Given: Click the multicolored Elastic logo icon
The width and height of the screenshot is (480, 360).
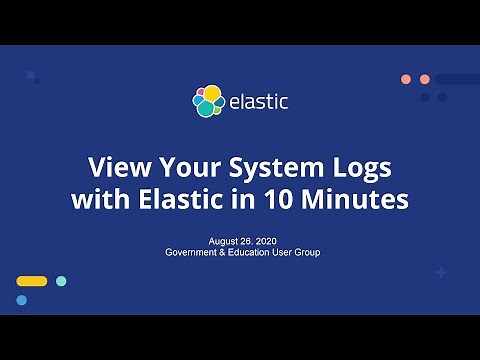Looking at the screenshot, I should point(208,100).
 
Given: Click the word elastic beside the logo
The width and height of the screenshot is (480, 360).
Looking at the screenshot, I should point(258,101).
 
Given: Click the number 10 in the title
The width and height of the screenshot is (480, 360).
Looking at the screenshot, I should point(277,198).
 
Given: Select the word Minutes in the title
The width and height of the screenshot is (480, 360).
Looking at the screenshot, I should point(356,198).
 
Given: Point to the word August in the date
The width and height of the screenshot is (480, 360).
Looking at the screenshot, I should point(225,241).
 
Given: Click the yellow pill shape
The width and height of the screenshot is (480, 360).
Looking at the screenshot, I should point(32,281).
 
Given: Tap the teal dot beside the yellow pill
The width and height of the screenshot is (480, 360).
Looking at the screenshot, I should point(61,281).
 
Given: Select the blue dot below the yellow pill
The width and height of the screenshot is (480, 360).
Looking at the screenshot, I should point(21,300).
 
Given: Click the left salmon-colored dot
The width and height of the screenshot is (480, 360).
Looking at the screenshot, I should point(406,79).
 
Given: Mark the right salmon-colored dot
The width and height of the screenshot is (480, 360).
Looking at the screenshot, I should point(424,79).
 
